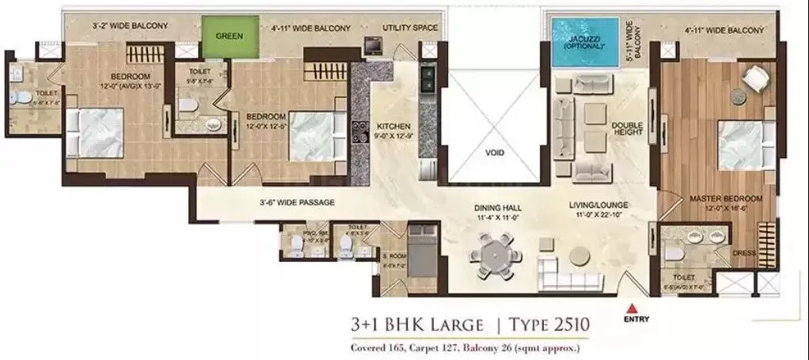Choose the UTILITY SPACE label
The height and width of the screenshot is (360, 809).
click(410, 28)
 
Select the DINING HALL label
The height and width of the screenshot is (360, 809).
click(498, 207)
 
